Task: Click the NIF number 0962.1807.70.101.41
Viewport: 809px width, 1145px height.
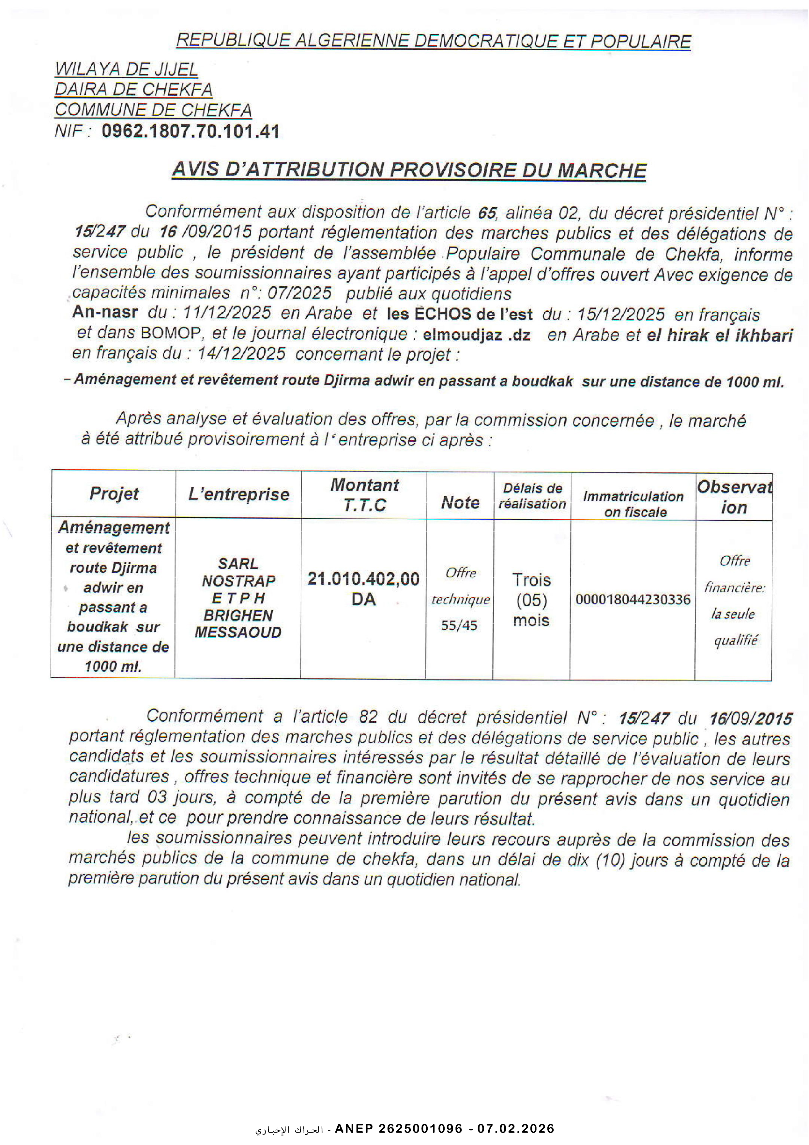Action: pyautogui.click(x=191, y=131)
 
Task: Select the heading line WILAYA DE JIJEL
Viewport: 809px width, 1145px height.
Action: pyautogui.click(x=126, y=69)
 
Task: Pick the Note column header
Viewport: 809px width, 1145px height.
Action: pyautogui.click(x=460, y=502)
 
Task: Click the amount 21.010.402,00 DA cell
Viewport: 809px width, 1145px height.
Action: pyautogui.click(x=363, y=588)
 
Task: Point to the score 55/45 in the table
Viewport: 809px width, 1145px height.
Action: pyautogui.click(x=459, y=625)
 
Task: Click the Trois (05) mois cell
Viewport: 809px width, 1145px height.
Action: pyautogui.click(x=531, y=600)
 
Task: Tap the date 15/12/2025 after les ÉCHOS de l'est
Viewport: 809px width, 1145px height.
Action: pyautogui.click(x=620, y=314)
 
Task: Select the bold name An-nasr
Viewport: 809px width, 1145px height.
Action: pyautogui.click(x=105, y=312)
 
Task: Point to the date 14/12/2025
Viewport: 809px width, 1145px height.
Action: pyautogui.click(x=241, y=353)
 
